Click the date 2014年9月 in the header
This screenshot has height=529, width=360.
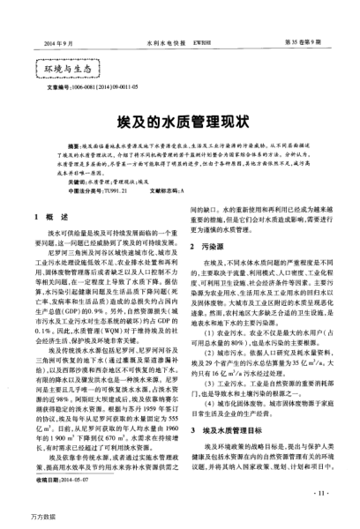[56, 18]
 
